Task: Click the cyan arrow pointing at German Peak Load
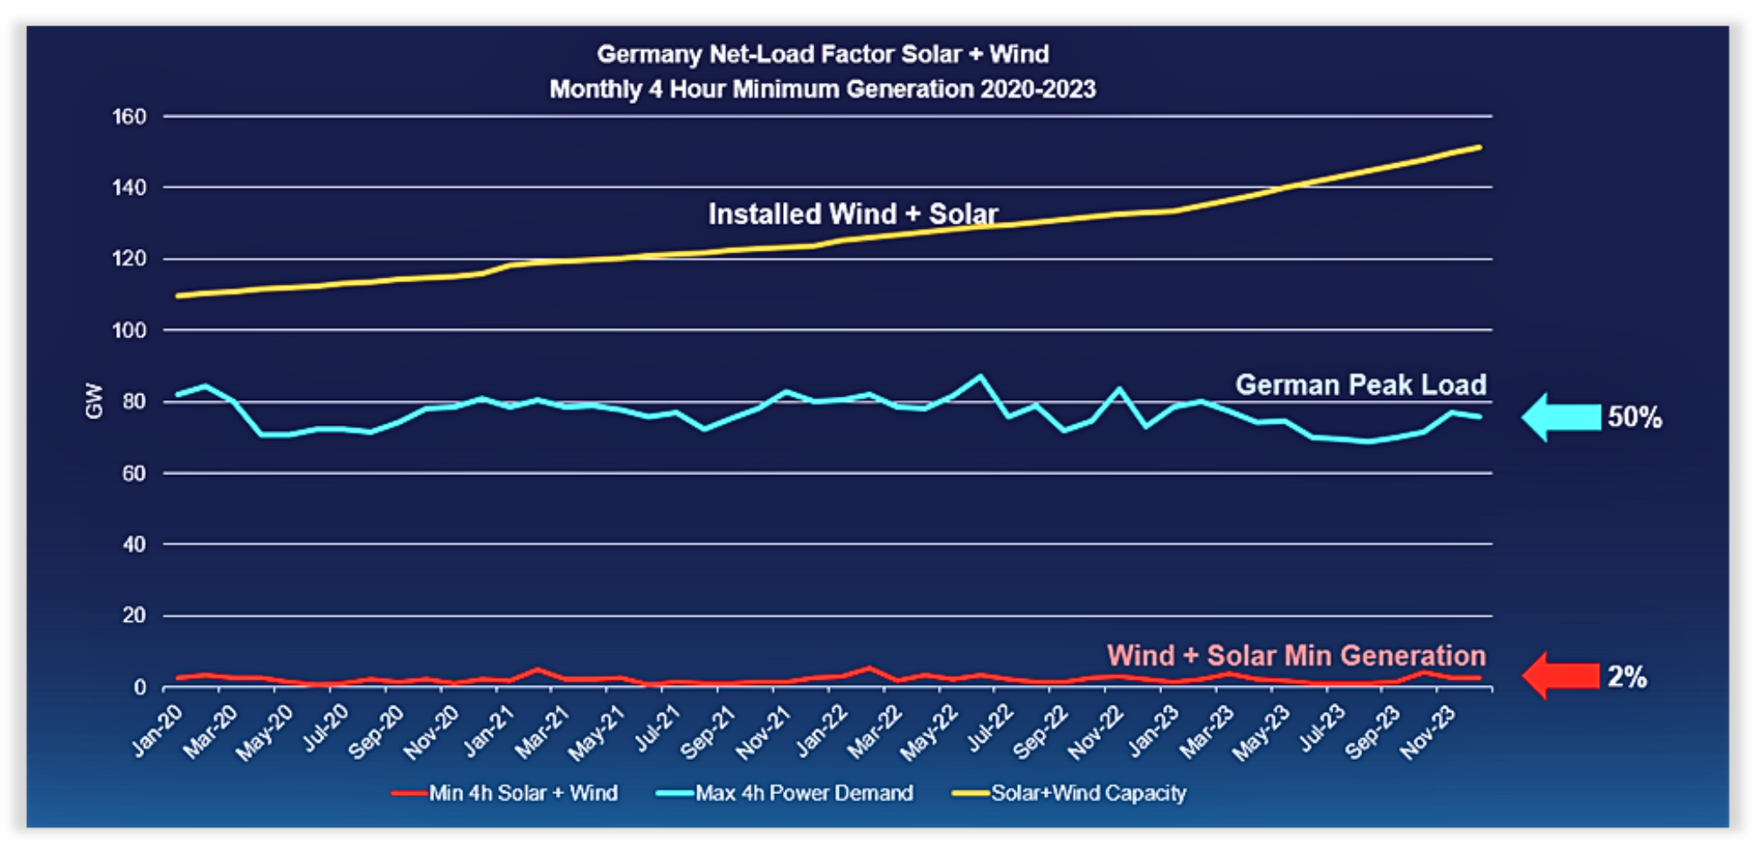(1561, 418)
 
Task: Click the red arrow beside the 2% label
(1561, 676)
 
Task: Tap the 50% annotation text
(1635, 418)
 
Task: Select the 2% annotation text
(1627, 676)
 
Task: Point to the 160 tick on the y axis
(129, 116)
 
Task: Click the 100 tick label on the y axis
(129, 330)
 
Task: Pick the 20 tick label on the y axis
(134, 616)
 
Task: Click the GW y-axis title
(93, 401)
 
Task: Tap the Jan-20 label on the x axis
(158, 730)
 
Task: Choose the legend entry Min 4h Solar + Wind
(523, 793)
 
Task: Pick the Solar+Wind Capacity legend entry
(1088, 793)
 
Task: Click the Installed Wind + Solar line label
(853, 214)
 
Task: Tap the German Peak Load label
(1360, 384)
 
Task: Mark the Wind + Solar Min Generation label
(1296, 655)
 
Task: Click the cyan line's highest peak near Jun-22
(980, 377)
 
